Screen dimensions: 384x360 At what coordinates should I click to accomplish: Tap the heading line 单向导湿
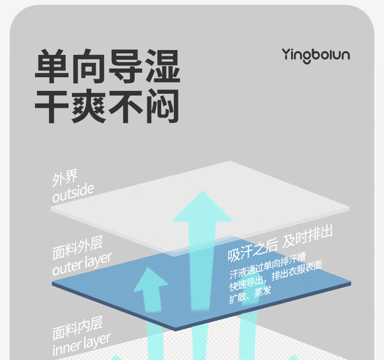point(107,67)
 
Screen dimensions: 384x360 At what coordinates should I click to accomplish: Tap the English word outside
point(73,193)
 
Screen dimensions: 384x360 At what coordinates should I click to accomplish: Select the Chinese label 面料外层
point(78,249)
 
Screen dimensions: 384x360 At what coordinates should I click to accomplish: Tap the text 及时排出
point(308,237)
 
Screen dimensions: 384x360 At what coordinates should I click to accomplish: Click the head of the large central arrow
point(202,207)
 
